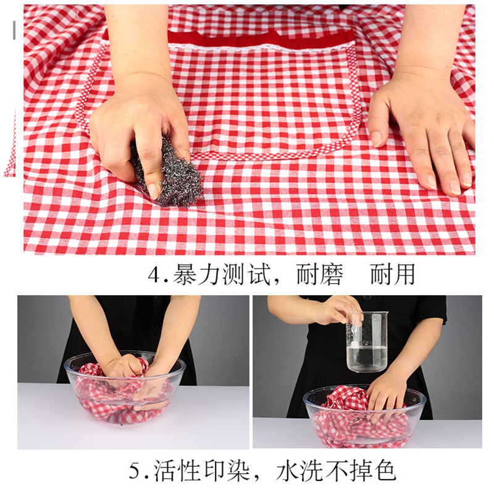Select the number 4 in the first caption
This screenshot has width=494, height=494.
154,274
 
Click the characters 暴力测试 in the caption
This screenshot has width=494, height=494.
216,274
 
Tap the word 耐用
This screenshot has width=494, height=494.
393,274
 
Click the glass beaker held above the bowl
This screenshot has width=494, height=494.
367,343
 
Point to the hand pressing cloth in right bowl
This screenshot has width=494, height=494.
386,395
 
